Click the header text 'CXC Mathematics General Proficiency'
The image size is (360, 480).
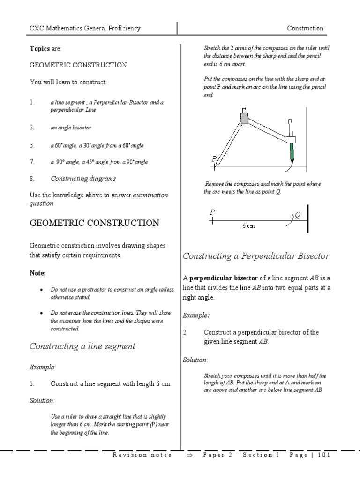(85, 28)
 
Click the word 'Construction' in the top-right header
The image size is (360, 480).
(305, 28)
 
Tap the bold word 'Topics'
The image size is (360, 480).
(40, 49)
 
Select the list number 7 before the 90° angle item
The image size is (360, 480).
(32, 162)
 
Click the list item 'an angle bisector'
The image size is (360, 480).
(71, 127)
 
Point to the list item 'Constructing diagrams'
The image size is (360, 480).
(83, 179)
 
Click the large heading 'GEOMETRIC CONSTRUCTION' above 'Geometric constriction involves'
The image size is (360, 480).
(94, 223)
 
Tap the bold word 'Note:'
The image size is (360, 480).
(38, 273)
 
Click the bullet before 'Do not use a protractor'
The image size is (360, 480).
(43, 290)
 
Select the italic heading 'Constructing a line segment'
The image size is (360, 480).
(82, 346)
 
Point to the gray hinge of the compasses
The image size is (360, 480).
(244, 117)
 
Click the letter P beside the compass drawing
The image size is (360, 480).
(214, 158)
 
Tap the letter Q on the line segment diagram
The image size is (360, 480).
(297, 215)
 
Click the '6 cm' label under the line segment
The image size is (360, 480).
(248, 226)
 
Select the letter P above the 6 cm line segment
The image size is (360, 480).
(212, 212)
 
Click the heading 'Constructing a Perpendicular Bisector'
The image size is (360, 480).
(256, 256)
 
